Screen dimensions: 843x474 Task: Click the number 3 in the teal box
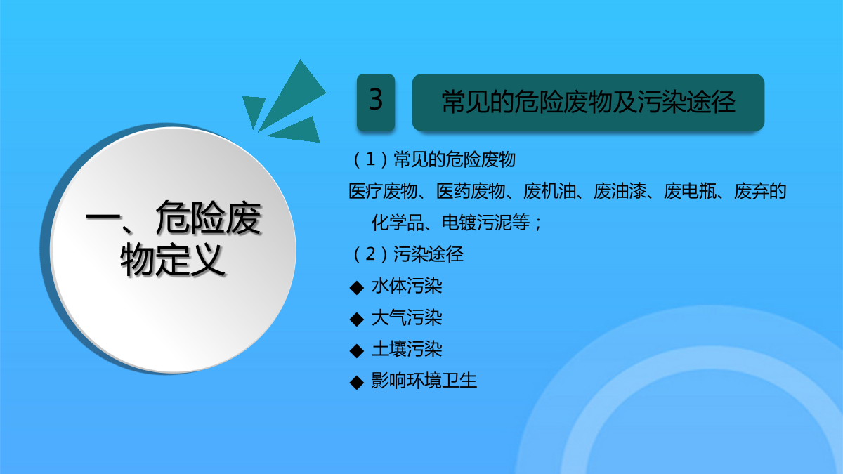(x=376, y=100)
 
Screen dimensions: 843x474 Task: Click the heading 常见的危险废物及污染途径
(x=588, y=102)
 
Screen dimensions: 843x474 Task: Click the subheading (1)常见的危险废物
(x=434, y=159)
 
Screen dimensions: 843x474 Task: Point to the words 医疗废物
(x=383, y=191)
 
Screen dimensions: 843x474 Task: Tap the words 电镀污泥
(x=477, y=223)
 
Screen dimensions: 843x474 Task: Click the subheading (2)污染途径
(x=408, y=254)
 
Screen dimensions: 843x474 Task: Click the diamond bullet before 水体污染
(x=357, y=288)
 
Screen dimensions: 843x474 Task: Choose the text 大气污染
(x=407, y=317)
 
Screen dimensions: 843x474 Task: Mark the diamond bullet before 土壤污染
(x=357, y=351)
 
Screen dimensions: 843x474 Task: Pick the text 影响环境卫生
(x=424, y=381)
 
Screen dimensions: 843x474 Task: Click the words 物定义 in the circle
(x=173, y=260)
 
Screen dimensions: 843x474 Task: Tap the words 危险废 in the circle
(x=208, y=218)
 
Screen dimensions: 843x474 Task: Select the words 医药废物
(x=471, y=191)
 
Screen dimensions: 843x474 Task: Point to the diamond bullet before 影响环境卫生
(x=357, y=383)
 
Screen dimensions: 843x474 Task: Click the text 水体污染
(x=407, y=286)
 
